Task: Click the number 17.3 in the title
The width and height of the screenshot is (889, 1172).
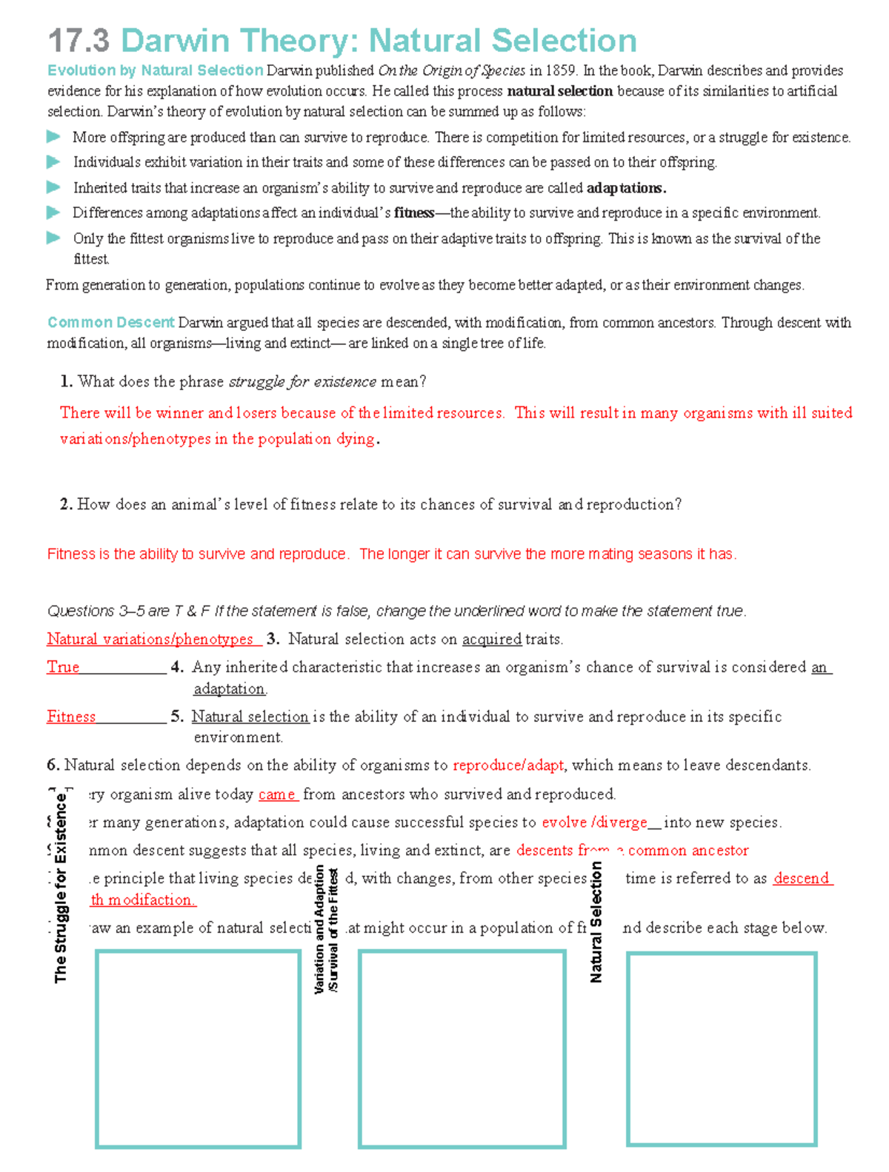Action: [x=79, y=41]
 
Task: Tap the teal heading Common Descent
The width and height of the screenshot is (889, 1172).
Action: [x=110, y=323]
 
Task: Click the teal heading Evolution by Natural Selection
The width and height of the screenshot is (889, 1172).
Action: [x=155, y=70]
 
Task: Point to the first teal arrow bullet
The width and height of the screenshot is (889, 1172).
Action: [x=53, y=137]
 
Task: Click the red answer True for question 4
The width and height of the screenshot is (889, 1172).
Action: [x=63, y=667]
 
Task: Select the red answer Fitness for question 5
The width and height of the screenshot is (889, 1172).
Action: [x=71, y=717]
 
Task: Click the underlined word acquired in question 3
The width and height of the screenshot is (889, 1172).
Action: [x=492, y=640]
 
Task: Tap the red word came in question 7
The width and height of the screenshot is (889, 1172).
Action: [x=277, y=795]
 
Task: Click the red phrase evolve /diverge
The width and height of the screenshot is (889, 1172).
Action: [x=594, y=823]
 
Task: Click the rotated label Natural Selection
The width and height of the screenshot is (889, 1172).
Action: [x=596, y=922]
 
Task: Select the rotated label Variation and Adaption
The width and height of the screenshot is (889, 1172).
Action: [x=320, y=929]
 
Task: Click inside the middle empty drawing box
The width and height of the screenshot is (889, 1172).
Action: [x=462, y=1048]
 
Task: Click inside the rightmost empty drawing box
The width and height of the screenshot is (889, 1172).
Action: [x=721, y=1048]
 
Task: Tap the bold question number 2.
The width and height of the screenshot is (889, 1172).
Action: [x=66, y=505]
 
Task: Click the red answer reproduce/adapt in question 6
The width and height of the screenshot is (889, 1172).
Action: [x=508, y=766]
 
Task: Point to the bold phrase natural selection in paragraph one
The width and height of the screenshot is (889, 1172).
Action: [x=559, y=91]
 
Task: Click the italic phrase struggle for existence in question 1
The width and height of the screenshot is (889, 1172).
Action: [x=302, y=382]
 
